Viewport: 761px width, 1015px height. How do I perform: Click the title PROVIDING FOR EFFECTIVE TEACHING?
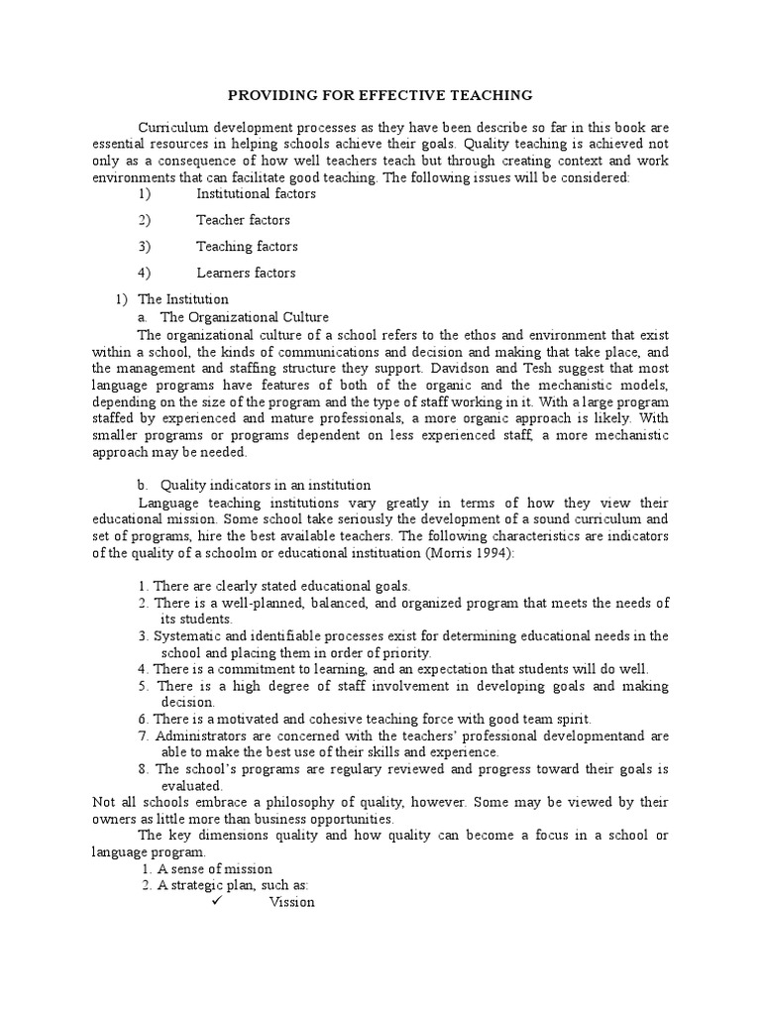[380, 95]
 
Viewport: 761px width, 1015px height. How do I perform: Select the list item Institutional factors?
[256, 194]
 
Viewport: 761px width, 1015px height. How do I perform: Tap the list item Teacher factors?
[243, 220]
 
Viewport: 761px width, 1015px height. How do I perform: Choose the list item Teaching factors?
[247, 247]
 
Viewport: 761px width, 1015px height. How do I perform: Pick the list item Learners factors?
[246, 273]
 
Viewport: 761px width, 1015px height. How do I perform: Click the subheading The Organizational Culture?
[245, 317]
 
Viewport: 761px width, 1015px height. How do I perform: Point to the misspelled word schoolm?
[225, 554]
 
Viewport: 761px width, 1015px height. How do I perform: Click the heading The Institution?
[183, 298]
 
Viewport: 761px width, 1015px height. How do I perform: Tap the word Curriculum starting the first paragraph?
[173, 129]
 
